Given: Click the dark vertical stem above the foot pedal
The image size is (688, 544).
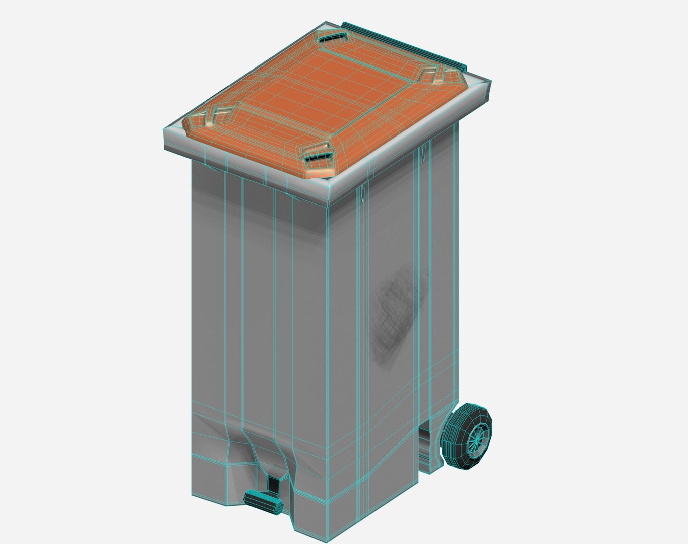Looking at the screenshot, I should point(273,483).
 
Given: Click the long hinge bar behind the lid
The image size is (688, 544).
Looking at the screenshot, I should point(403,45).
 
